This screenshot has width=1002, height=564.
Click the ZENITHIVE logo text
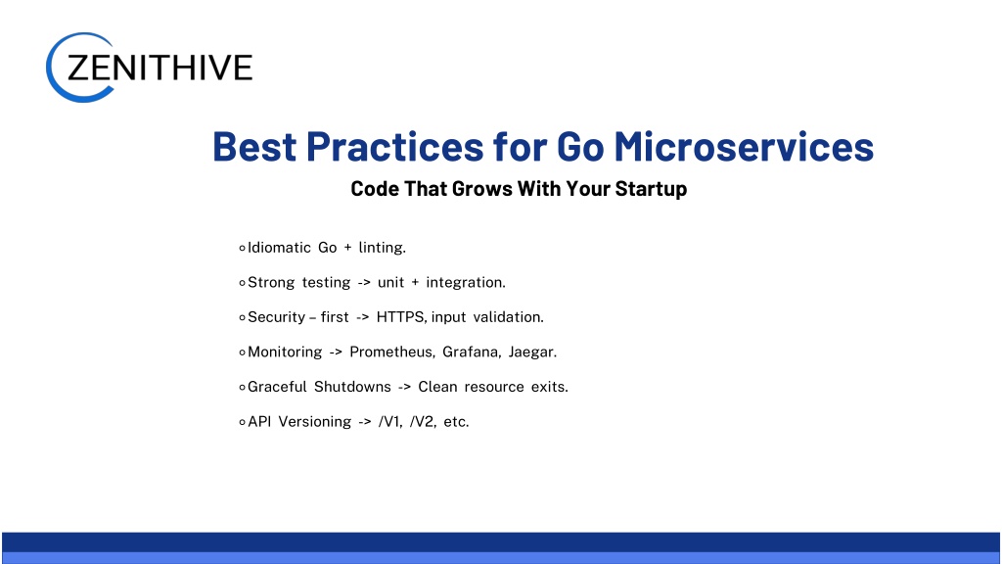tap(159, 68)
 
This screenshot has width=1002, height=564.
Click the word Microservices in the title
tap(744, 147)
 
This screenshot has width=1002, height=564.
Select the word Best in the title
tap(254, 147)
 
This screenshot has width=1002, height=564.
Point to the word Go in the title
tap(580, 147)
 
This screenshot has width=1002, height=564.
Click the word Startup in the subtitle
tap(651, 189)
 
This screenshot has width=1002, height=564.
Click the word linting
tap(383, 248)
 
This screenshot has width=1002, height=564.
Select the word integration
tap(466, 283)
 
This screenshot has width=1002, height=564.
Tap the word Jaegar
tap(532, 352)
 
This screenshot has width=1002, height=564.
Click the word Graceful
tap(277, 387)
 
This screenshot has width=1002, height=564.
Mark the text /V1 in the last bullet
tap(389, 422)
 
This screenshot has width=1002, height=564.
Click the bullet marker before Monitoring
tap(243, 352)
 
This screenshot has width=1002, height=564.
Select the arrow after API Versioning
tap(365, 422)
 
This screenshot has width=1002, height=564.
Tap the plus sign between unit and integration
tap(415, 283)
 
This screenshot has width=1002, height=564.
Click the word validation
tap(508, 317)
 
